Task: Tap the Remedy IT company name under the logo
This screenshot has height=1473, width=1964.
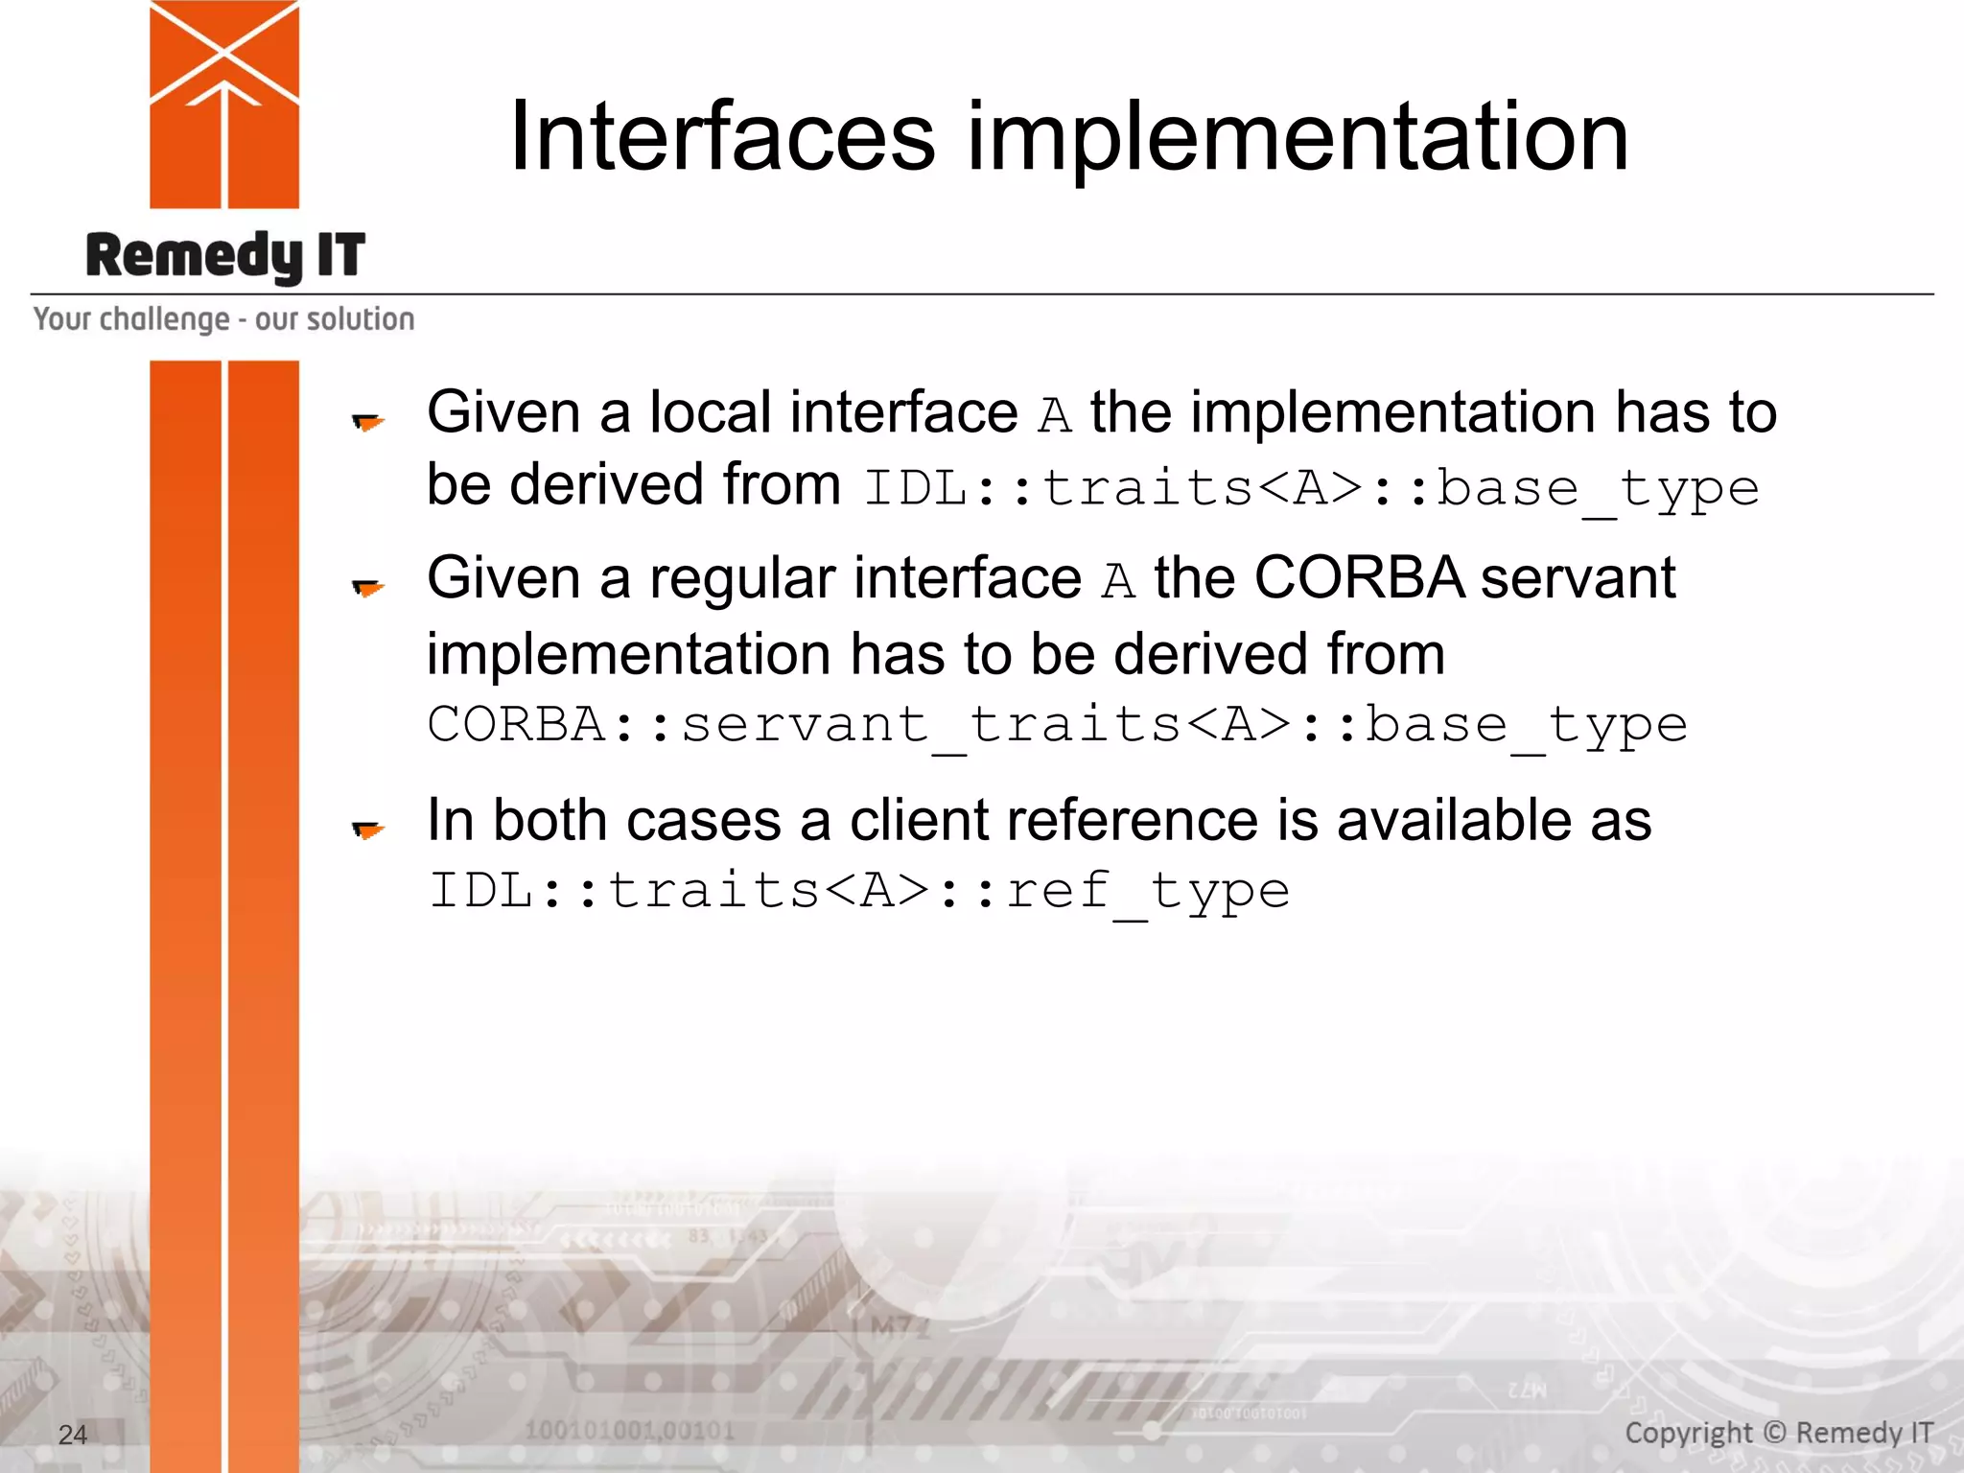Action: [x=225, y=256]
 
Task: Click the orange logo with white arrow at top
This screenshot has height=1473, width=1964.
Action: [x=224, y=104]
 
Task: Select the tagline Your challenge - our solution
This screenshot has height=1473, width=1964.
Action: [x=224, y=319]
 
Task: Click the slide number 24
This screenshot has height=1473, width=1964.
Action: [x=73, y=1435]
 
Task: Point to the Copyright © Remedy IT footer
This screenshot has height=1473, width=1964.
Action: [x=1779, y=1433]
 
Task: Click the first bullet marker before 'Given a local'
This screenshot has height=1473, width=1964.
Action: [x=367, y=421]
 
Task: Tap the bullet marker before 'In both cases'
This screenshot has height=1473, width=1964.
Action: [x=367, y=830]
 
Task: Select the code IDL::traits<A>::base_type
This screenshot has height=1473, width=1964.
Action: [x=1311, y=489]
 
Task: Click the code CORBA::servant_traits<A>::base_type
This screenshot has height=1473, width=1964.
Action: [x=1057, y=725]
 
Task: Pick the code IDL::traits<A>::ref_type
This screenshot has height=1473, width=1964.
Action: [x=858, y=892]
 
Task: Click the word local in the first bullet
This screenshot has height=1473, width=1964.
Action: [x=710, y=412]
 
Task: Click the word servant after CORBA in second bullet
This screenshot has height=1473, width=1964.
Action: [x=1578, y=578]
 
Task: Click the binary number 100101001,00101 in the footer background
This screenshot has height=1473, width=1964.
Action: [x=629, y=1431]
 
